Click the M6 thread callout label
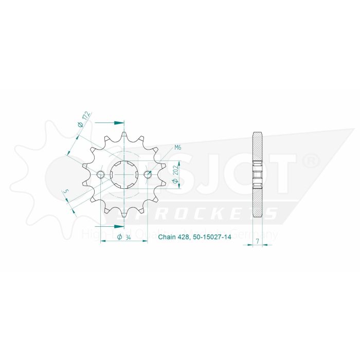click(x=178, y=148)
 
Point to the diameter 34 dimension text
click(x=123, y=237)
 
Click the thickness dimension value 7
click(x=256, y=241)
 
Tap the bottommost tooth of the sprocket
click(x=124, y=212)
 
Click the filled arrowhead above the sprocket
click(x=119, y=123)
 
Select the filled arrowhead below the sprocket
click(x=119, y=226)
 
